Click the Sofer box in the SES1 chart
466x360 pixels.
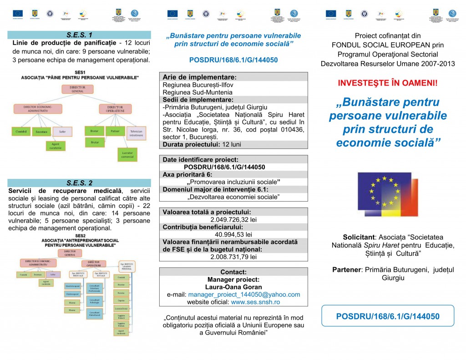[62, 132]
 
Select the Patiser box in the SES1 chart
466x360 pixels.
[114, 131]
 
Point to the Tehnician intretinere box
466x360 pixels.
[136, 133]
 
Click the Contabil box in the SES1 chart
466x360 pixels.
[20, 132]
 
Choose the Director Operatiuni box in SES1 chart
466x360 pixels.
[109, 109]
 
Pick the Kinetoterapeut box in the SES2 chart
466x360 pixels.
[73, 286]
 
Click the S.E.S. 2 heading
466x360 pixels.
[79, 183]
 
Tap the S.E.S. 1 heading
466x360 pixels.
[79, 35]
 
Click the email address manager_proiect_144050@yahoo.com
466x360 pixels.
[244, 294]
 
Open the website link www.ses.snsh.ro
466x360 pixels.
[255, 302]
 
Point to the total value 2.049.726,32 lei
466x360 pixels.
[233, 219]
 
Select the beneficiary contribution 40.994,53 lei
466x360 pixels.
[233, 234]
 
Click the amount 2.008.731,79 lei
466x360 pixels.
[233, 257]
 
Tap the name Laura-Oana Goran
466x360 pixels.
[233, 287]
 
